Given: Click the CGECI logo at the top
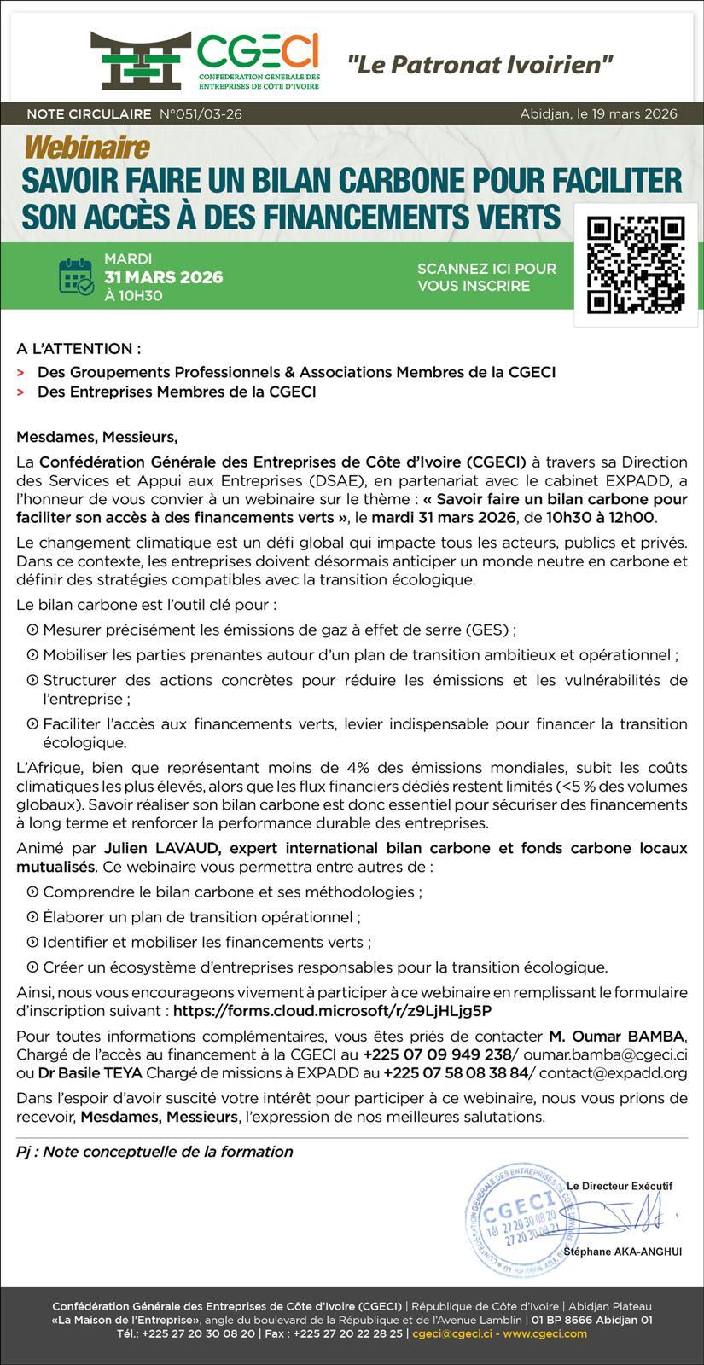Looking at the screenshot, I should pyautogui.click(x=205, y=61).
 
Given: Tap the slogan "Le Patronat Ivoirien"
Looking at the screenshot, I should pyautogui.click(x=480, y=63).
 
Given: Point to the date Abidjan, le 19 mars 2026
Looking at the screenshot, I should pyautogui.click(x=598, y=114).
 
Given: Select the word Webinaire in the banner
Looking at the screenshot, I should pyautogui.click(x=87, y=148).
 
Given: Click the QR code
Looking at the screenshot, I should pyautogui.click(x=636, y=264).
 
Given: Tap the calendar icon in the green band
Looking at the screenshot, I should pyautogui.click(x=77, y=276).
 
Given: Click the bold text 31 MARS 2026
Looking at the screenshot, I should pyautogui.click(x=163, y=277).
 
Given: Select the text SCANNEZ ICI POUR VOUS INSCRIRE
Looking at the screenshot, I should pyautogui.click(x=486, y=277).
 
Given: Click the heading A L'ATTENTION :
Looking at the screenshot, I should pyautogui.click(x=79, y=348).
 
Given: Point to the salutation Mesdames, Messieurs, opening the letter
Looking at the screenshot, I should pyautogui.click(x=97, y=438).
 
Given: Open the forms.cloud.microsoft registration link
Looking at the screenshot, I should pyautogui.click(x=332, y=1011).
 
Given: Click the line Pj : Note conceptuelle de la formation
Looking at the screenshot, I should pyautogui.click(x=154, y=1152).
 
